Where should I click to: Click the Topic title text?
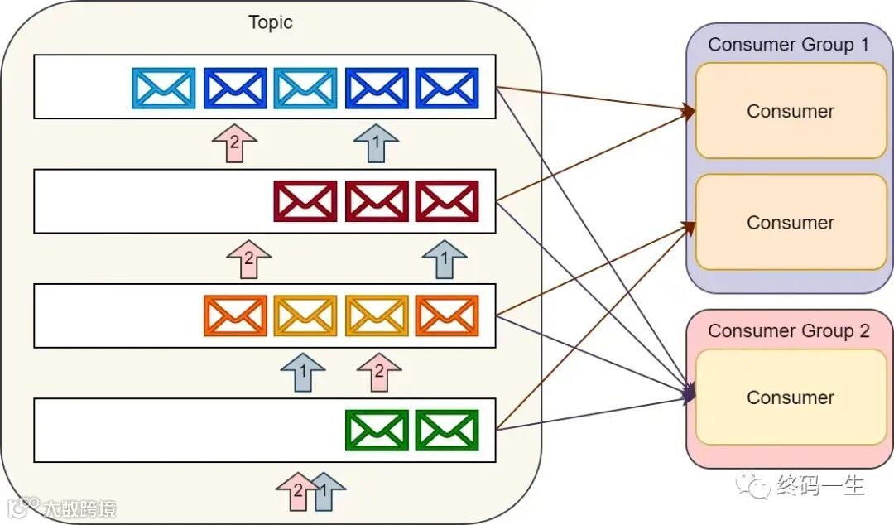pos(271,22)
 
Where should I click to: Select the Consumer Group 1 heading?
pos(789,45)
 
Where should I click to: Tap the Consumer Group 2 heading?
pos(789,331)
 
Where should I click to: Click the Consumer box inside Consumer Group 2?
pos(791,397)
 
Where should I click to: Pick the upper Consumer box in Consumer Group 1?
pos(791,111)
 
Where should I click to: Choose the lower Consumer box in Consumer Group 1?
pos(791,223)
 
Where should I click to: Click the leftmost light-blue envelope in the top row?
pos(164,88)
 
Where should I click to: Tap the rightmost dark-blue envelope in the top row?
pos(447,88)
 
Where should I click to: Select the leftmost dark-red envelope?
pos(305,201)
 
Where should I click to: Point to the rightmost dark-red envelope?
pos(447,201)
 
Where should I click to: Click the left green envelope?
pos(377,431)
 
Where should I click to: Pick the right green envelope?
pos(447,431)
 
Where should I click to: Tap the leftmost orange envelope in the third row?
pos(235,315)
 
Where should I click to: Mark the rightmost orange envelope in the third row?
pos(447,315)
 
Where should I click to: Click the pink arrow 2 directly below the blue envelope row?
pos(234,143)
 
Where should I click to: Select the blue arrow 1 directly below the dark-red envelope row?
pos(444,258)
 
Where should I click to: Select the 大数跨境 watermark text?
pos(79,508)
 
